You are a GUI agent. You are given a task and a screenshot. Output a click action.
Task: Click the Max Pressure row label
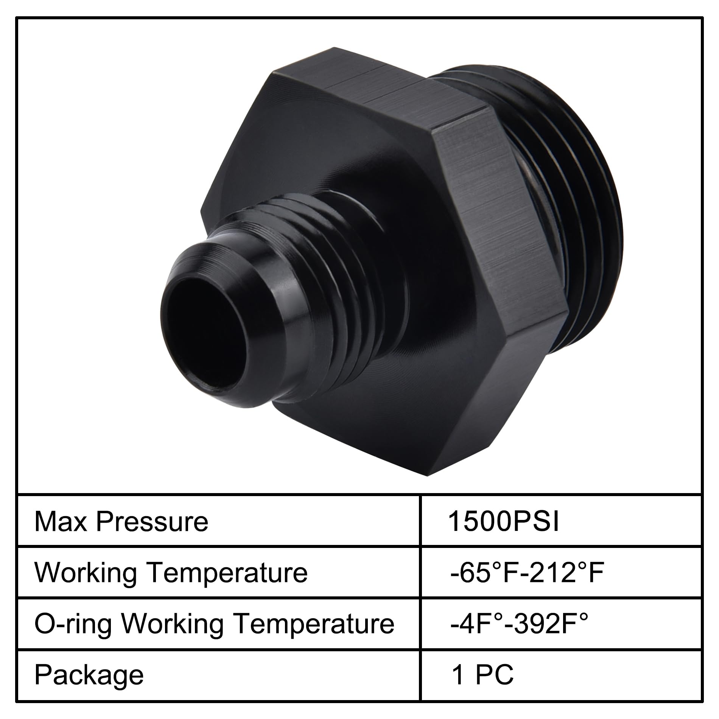point(121,522)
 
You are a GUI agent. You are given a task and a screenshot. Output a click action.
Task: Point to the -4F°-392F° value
point(519,624)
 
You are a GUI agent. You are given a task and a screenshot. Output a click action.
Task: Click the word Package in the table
point(89,676)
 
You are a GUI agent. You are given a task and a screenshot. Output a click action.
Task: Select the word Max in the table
point(61,522)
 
